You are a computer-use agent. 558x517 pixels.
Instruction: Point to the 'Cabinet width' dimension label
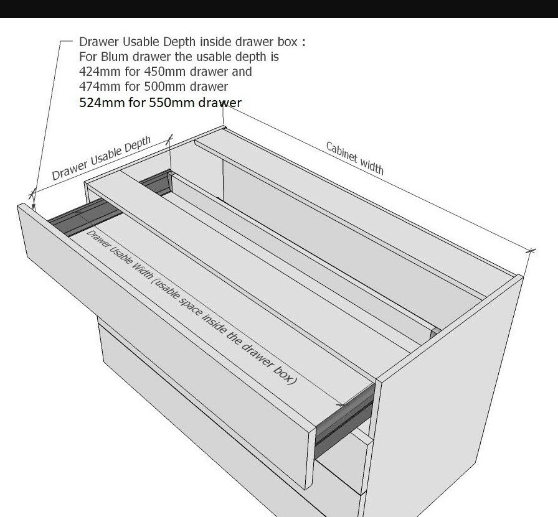point(354,158)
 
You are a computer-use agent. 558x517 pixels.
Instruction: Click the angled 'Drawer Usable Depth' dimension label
point(102,159)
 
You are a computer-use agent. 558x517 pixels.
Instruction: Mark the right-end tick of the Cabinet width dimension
point(531,251)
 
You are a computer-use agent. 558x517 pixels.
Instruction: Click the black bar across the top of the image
point(279,8)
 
